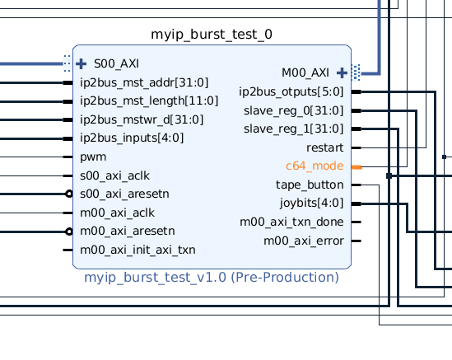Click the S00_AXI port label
click(116, 63)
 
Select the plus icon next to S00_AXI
click(82, 63)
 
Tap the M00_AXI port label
click(305, 72)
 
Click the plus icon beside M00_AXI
click(342, 72)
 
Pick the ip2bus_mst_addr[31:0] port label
click(144, 82)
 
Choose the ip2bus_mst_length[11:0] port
click(149, 101)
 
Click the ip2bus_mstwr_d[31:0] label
click(142, 119)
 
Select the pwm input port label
click(93, 157)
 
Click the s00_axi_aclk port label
click(115, 175)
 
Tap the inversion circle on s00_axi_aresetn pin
click(69, 194)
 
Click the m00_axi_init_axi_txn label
click(138, 250)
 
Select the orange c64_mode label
click(315, 166)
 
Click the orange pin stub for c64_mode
click(356, 166)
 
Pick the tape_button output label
click(310, 185)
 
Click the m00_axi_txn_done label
click(291, 222)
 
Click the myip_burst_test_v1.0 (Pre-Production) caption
click(212, 278)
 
